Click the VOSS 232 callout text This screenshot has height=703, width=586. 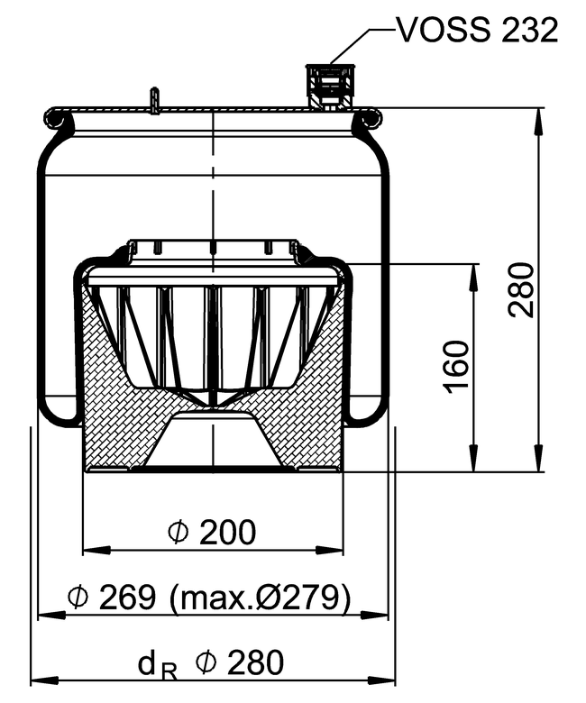point(478,31)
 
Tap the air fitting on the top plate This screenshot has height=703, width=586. point(331,87)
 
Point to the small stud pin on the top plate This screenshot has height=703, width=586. point(154,101)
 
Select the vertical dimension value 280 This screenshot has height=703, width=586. point(522,290)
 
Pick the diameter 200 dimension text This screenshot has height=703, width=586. point(212,532)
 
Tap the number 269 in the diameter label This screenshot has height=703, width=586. point(127,598)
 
